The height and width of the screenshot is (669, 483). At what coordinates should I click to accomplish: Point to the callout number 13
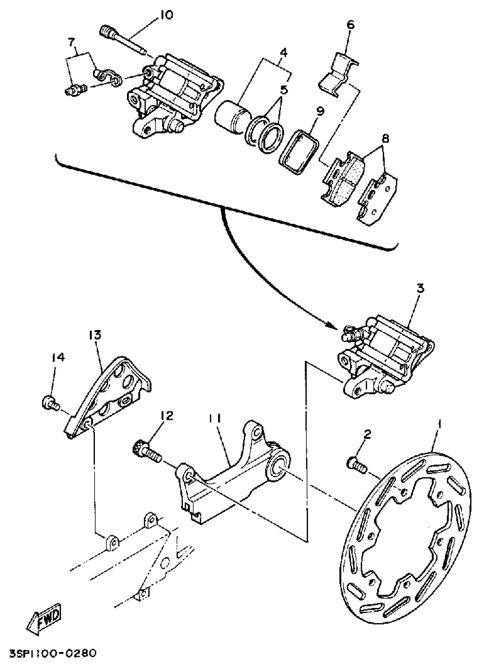coord(94,335)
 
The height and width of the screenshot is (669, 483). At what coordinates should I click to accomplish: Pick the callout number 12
coord(167,416)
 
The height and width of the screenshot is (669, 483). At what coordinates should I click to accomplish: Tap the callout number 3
coord(420,288)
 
